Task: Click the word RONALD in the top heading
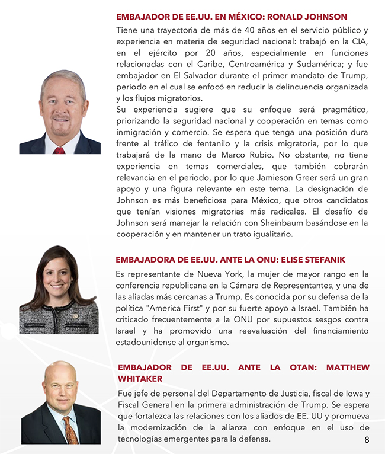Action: click(277, 17)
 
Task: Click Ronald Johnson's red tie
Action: click(59, 150)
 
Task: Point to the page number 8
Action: click(367, 440)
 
